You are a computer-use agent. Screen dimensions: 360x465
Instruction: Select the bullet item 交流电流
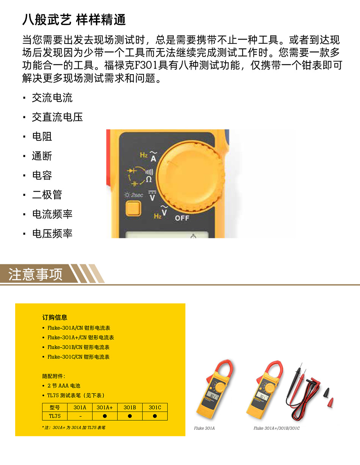[x=52, y=98]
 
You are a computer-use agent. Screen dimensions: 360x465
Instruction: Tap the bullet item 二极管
[x=47, y=195]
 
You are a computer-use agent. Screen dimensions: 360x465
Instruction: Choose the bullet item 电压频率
[x=52, y=234]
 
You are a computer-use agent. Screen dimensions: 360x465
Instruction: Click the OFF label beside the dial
[x=182, y=218]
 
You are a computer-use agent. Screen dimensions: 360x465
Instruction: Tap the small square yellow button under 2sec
[x=133, y=208]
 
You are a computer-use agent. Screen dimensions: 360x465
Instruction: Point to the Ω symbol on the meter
[x=149, y=179]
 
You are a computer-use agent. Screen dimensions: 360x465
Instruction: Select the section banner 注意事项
[x=35, y=274]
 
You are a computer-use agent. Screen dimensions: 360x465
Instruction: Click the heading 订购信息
[x=55, y=317]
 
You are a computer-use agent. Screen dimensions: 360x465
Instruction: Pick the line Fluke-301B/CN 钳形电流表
[x=78, y=347]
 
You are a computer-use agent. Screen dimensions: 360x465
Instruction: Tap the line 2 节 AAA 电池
[x=64, y=385]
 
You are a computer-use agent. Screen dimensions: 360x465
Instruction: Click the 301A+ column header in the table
[x=105, y=407]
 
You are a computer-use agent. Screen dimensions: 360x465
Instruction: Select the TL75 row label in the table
[x=55, y=416]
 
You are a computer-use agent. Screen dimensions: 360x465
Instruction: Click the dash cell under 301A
[x=80, y=416]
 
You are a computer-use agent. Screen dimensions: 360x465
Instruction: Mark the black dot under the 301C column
[x=155, y=416]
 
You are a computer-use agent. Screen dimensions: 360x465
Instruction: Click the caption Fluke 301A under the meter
[x=204, y=428]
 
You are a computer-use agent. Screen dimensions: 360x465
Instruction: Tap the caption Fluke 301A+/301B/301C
[x=277, y=428]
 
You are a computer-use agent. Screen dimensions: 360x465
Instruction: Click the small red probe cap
[x=331, y=403]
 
